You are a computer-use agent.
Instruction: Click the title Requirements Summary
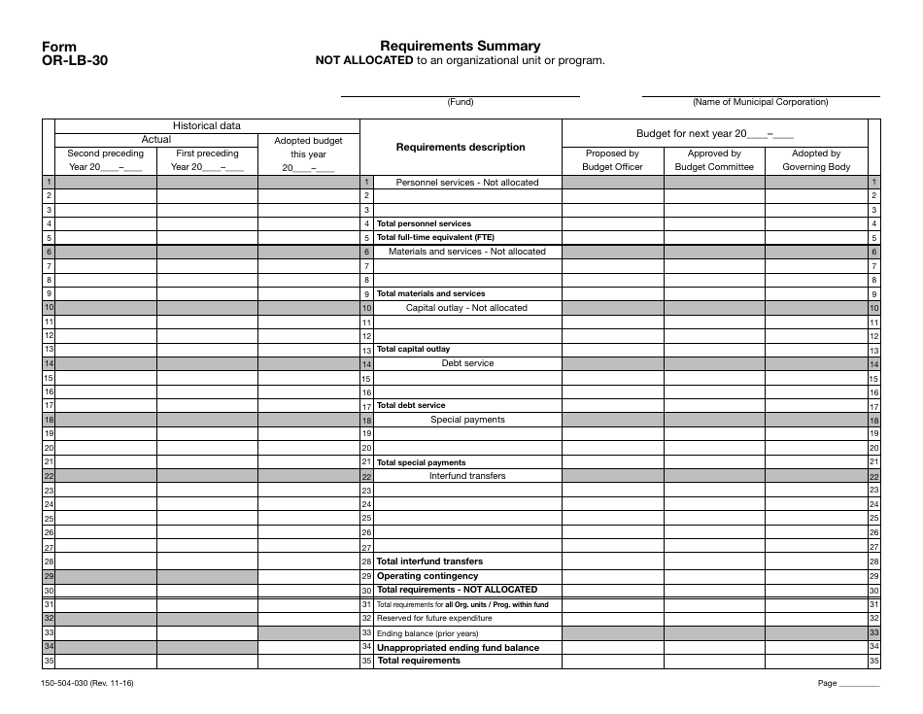(x=460, y=46)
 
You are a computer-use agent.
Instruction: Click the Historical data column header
(x=206, y=125)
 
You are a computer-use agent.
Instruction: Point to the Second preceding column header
(x=105, y=159)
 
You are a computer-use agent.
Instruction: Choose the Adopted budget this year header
(x=308, y=153)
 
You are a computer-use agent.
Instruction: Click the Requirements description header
(x=460, y=147)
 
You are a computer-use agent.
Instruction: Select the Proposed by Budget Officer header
(x=612, y=159)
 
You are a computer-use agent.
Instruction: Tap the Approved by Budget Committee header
(x=714, y=159)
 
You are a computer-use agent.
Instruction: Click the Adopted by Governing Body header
(x=815, y=159)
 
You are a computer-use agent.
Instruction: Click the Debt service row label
(x=467, y=363)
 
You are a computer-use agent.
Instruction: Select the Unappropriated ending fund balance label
(x=458, y=647)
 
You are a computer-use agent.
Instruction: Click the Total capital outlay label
(x=413, y=349)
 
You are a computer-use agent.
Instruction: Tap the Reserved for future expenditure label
(x=434, y=618)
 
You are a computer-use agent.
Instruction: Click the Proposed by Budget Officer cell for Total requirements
(x=612, y=661)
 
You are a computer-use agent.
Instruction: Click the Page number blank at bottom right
(x=859, y=684)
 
